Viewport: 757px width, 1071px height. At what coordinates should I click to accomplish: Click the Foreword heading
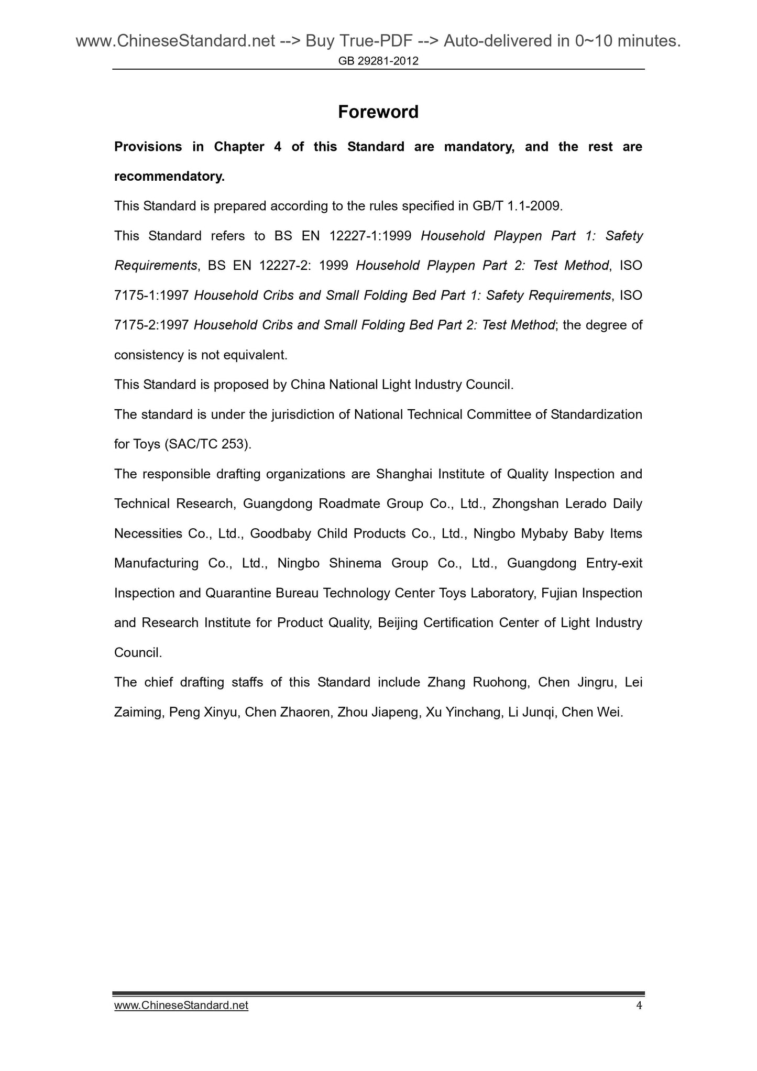378,112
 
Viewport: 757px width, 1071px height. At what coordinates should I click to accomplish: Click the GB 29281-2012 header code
378,61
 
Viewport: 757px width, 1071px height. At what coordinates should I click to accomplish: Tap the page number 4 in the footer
638,1005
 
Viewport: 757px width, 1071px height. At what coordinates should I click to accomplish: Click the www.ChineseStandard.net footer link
181,1005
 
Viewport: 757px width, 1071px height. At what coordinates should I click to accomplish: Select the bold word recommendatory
169,177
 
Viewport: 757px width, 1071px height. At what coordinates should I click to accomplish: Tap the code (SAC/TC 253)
208,444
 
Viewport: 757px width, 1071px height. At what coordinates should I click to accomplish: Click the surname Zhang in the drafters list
445,682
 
